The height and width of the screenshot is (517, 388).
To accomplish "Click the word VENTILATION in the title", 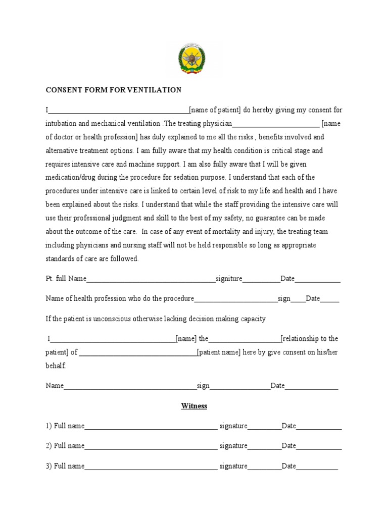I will tap(156, 90).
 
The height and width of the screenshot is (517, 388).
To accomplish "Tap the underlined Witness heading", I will tap(195, 406).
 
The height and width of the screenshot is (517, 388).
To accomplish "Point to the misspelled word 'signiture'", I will tap(229, 279).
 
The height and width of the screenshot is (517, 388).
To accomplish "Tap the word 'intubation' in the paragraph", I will tap(61, 123).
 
